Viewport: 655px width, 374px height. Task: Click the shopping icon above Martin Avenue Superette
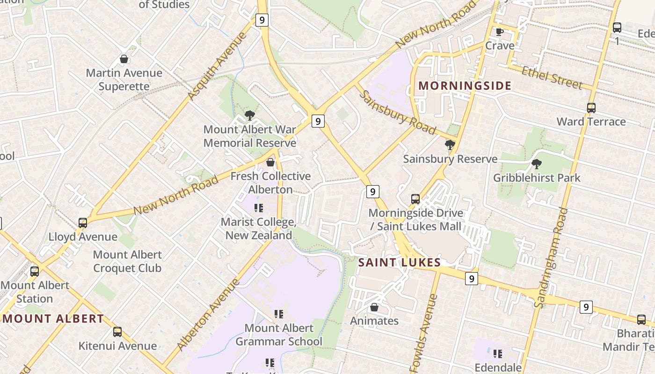point(124,59)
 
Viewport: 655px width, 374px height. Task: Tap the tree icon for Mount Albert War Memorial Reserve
point(250,115)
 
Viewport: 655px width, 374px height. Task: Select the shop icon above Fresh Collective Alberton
point(270,162)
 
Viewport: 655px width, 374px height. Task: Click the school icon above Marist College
point(258,208)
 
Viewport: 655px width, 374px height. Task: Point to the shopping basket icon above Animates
point(374,307)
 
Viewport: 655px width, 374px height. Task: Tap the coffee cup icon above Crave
point(500,32)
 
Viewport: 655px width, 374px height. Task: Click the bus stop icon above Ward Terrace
point(591,108)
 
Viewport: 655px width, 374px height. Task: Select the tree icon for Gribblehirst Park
point(536,164)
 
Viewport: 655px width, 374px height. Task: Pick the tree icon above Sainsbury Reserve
point(450,145)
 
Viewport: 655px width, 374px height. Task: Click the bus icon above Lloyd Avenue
point(83,223)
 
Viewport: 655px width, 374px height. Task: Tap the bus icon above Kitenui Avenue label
point(117,332)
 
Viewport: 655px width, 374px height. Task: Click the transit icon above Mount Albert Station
point(34,272)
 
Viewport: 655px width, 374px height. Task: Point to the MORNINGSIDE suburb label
point(465,86)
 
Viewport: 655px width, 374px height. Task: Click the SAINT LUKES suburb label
point(399,262)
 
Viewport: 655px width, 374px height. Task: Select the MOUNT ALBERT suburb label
point(53,319)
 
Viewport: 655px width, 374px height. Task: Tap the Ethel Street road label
point(552,78)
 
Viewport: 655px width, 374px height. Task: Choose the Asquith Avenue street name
point(217,66)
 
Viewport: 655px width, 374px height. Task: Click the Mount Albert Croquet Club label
point(127,261)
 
